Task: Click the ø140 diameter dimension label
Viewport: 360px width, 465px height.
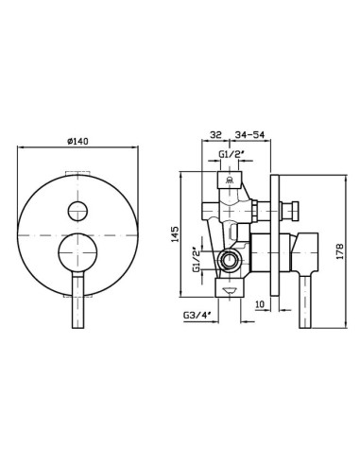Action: point(77,142)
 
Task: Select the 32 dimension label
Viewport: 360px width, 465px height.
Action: point(215,134)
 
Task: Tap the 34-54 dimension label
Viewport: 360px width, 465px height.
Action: point(249,134)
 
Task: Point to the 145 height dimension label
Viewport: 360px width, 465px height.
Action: point(175,234)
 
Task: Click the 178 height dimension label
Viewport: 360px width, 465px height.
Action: point(340,250)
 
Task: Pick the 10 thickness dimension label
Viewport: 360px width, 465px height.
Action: point(260,304)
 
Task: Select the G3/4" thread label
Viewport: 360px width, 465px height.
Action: point(197,315)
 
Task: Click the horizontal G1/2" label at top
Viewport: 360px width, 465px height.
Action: point(231,154)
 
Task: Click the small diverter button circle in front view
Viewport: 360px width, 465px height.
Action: point(77,211)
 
